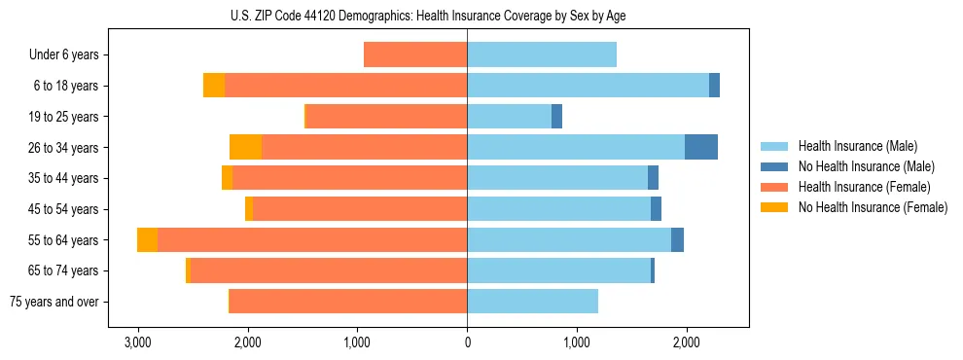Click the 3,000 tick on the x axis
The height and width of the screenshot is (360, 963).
tap(138, 342)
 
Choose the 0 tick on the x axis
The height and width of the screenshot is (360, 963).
tap(467, 342)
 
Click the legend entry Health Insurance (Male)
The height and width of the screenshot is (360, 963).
tap(857, 146)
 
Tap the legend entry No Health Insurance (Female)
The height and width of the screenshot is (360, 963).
tap(872, 207)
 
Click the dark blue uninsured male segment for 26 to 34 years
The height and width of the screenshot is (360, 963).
tap(701, 147)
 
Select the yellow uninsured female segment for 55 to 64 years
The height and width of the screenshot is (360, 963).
tap(147, 239)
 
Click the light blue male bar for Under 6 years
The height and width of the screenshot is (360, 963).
tap(542, 55)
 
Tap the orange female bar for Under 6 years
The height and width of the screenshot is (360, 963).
tap(415, 55)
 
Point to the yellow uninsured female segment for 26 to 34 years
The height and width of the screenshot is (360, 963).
tap(245, 147)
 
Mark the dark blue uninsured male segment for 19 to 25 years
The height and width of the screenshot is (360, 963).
tap(556, 117)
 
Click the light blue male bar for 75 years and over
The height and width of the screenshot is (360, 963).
tap(532, 302)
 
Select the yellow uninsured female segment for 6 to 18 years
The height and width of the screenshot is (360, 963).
tap(214, 86)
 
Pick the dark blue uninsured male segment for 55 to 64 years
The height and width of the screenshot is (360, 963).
tap(677, 239)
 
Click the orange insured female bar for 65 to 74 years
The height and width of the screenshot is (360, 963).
tap(329, 270)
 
